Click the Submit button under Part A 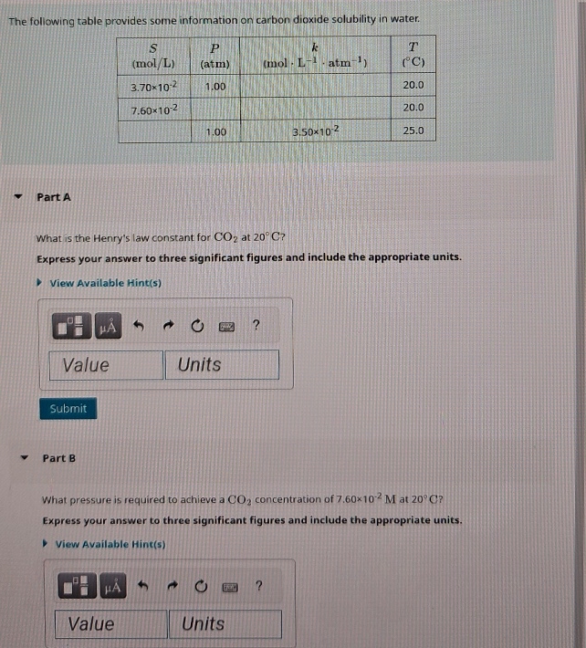68,409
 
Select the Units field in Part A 222,365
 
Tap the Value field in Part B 113,624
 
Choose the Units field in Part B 225,624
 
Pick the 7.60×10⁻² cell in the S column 153,109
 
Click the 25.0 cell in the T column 413,131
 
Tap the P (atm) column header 215,55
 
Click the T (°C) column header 413,55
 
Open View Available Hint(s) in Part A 105,283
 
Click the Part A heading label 54,197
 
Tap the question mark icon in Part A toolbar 256,324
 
